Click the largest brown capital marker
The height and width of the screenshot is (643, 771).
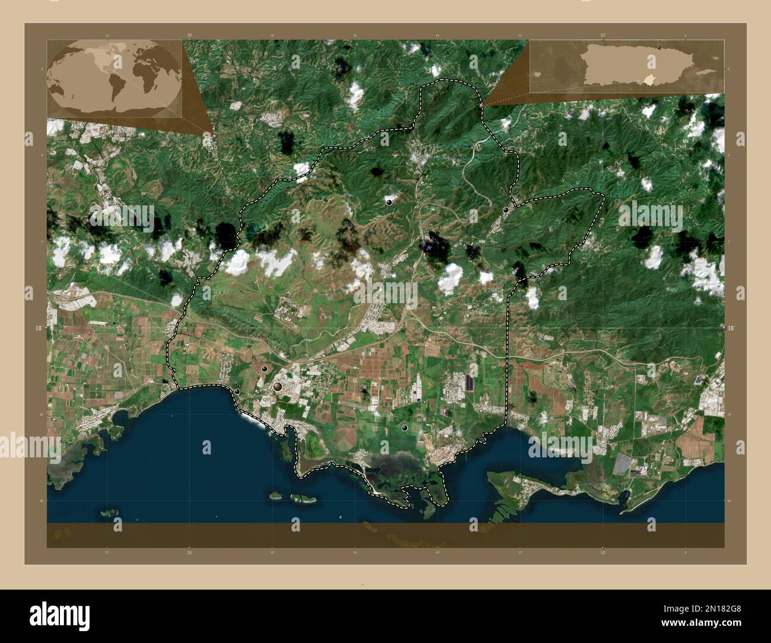[278, 387]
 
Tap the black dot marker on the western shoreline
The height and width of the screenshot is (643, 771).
[237, 391]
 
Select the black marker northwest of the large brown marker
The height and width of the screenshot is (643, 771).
[265, 369]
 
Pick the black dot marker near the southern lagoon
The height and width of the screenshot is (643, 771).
[404, 427]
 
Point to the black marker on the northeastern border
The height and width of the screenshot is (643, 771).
[506, 209]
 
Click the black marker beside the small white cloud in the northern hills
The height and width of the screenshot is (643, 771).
[389, 202]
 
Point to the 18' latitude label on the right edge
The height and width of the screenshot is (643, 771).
[731, 327]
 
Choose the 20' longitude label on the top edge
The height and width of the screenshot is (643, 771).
[189, 36]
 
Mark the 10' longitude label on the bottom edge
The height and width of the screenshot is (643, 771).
[603, 553]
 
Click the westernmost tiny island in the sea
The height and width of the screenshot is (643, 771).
[109, 511]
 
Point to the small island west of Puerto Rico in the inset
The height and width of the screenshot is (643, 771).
[537, 75]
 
